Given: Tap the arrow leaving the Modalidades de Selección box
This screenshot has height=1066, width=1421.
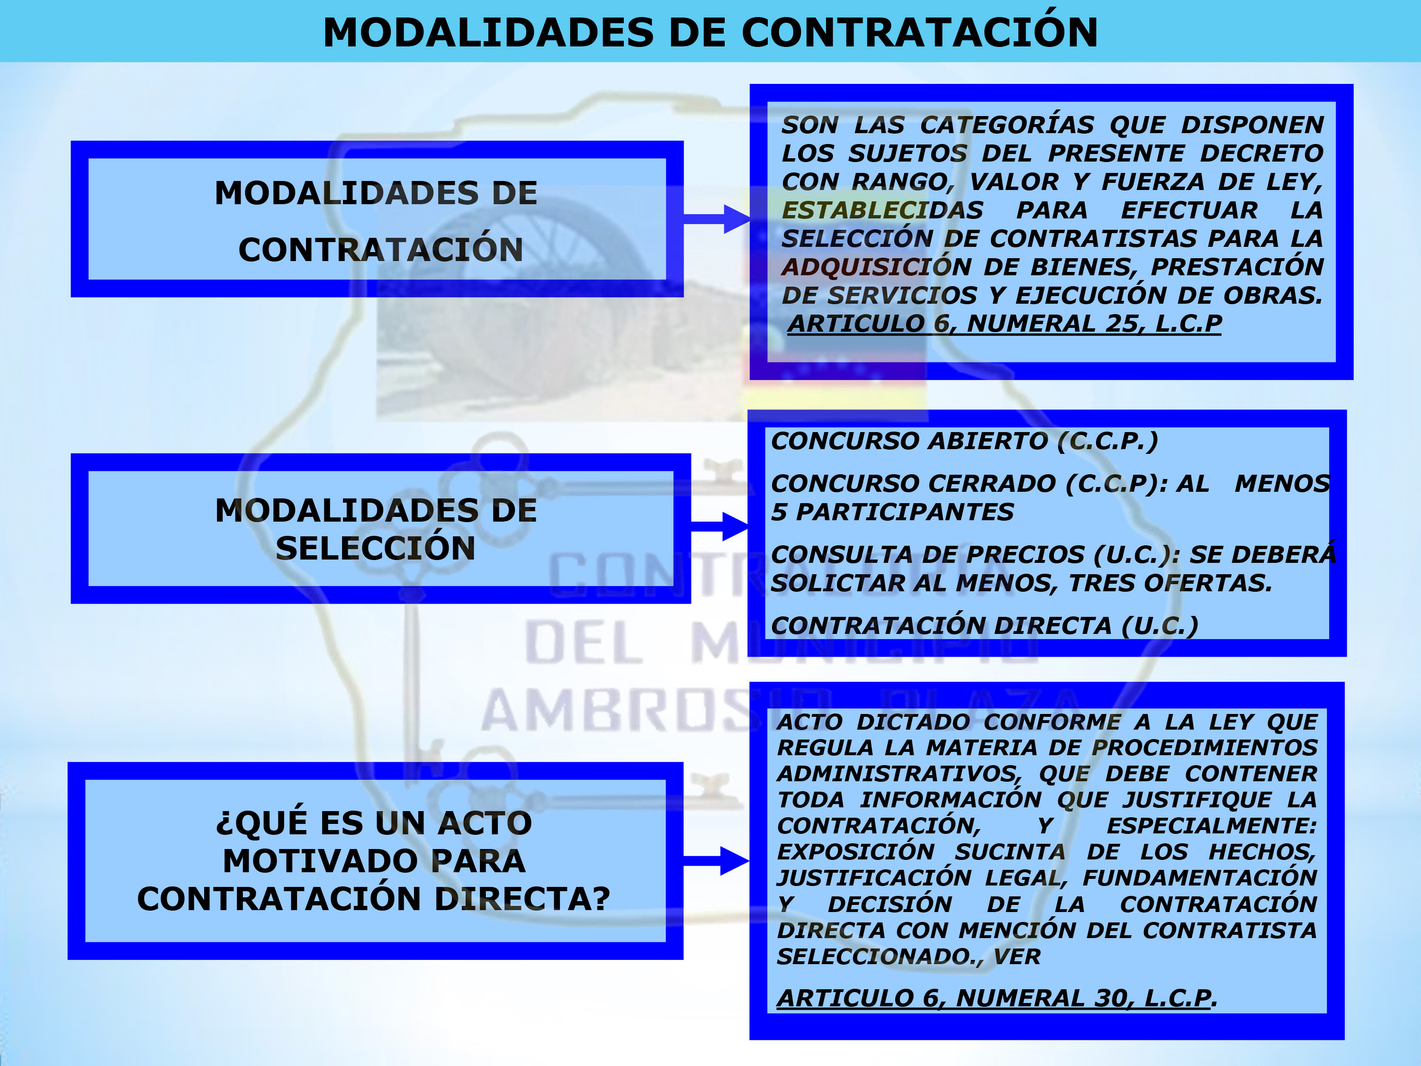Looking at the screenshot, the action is pyautogui.click(x=719, y=527).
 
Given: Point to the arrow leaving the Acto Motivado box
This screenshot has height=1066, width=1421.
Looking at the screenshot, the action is pyautogui.click(x=716, y=861).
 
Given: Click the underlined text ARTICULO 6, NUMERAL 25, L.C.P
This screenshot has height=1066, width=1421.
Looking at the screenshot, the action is pyautogui.click(x=1005, y=323).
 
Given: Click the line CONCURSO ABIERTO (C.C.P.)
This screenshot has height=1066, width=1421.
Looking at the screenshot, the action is pyautogui.click(x=965, y=441).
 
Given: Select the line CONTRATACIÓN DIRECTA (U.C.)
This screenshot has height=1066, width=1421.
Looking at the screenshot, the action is pyautogui.click(x=985, y=625).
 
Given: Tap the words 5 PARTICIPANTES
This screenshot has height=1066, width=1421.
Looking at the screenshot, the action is pyautogui.click(x=892, y=512).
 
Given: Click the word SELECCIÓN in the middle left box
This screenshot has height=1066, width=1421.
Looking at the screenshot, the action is pyautogui.click(x=376, y=548).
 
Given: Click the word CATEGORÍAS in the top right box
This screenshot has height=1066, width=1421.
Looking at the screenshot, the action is pyautogui.click(x=1007, y=125).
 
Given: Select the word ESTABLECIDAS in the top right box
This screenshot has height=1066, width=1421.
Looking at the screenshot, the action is pyautogui.click(x=882, y=210).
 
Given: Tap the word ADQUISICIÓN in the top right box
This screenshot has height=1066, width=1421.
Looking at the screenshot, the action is pyautogui.click(x=876, y=267).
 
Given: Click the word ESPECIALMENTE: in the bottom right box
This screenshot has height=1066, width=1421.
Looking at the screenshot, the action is pyautogui.click(x=1212, y=826).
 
